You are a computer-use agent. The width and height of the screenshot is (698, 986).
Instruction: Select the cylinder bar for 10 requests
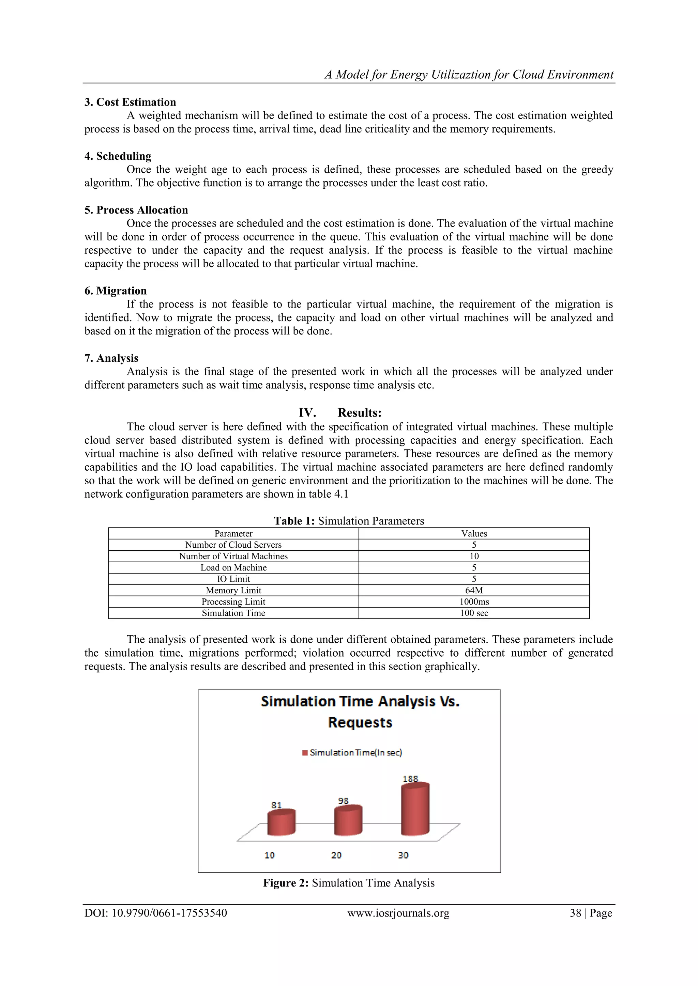(282, 823)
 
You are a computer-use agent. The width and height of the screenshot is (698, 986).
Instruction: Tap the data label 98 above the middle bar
(344, 800)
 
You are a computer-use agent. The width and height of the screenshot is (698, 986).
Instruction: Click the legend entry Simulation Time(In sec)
(352, 752)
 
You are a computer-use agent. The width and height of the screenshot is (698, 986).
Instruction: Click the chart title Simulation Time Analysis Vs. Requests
(360, 712)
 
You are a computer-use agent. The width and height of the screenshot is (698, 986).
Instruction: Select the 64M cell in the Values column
(474, 590)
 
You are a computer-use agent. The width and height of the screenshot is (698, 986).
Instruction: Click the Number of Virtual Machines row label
(233, 556)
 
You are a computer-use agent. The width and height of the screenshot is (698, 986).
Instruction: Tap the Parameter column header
(233, 533)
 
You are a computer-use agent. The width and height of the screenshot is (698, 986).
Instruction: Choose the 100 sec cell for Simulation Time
(474, 613)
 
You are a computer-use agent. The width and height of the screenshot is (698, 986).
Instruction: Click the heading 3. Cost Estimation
(130, 102)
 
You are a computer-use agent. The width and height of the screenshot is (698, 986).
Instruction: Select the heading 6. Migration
(116, 291)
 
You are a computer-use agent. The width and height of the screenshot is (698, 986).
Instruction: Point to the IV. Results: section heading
(340, 413)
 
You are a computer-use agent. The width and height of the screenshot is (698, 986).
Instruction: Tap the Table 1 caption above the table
(349, 521)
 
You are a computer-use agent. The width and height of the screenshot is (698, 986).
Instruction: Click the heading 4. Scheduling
(118, 156)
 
